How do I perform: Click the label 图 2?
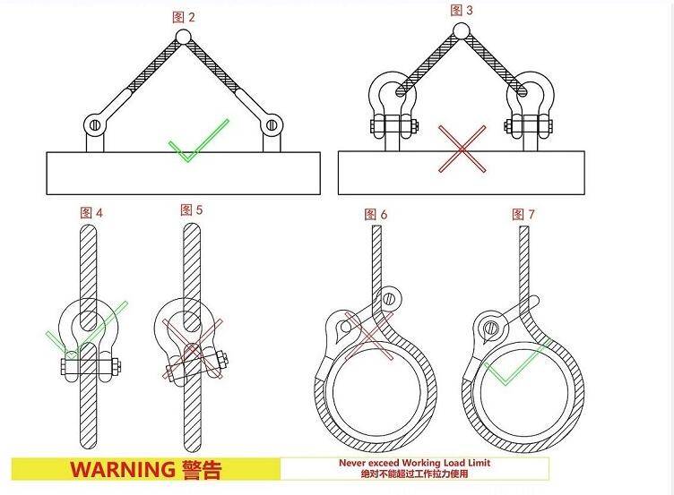184,17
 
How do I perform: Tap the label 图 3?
462,11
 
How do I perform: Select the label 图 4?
91,212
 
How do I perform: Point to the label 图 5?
191,210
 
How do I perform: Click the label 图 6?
376,214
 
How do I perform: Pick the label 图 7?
523,214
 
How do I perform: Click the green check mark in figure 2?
198,141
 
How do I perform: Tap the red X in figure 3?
462,149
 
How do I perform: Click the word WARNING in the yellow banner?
122,469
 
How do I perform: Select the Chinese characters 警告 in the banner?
202,470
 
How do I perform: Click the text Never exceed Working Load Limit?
414,463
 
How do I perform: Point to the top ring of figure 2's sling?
183,37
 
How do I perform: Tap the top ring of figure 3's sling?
461,31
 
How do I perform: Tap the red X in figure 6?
369,337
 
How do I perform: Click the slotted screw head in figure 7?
490,329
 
